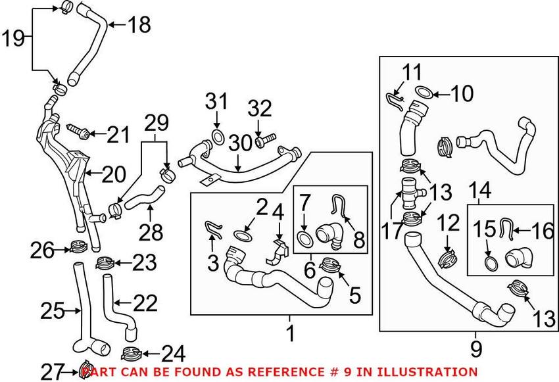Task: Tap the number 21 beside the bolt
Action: (x=119, y=135)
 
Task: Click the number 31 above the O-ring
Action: (x=217, y=102)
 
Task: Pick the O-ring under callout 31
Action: (x=216, y=137)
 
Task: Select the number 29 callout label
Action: (x=157, y=123)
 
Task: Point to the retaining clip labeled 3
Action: (x=212, y=227)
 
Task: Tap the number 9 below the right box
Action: (x=477, y=346)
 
